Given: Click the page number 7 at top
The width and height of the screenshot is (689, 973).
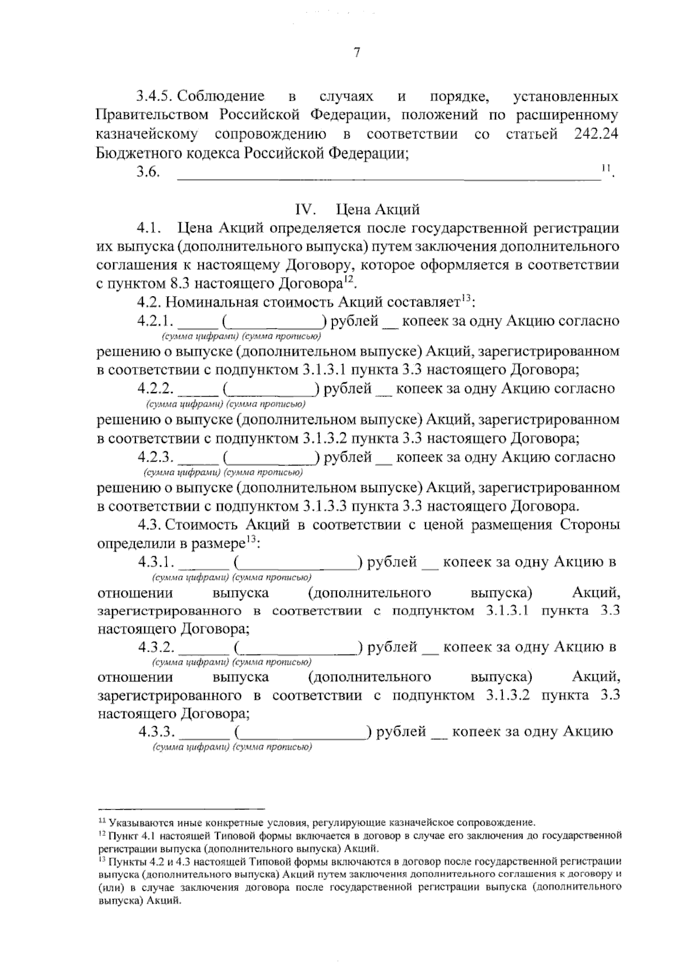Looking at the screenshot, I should point(356,53).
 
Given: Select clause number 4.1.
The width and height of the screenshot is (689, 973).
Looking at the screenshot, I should point(148,228).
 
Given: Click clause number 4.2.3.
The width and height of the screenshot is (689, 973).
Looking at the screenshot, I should point(156,458).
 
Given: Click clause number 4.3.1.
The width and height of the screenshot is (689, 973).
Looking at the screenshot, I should point(156,562).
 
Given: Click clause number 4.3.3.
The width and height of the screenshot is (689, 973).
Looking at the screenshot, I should point(156,732).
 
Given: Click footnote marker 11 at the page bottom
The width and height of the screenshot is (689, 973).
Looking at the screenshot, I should point(102,820).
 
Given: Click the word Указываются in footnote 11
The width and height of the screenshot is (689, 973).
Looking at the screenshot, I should point(136,822).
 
